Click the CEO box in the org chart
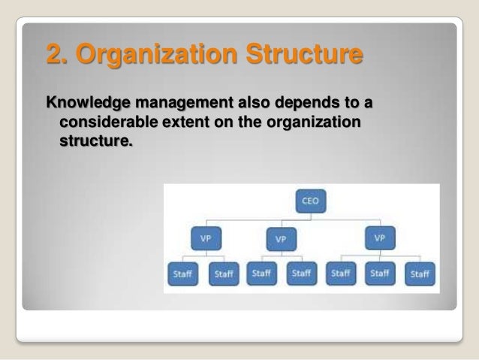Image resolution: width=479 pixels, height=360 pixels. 309,201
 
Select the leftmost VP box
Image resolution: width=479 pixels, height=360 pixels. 206,238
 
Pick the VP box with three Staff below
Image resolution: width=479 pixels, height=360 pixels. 380,238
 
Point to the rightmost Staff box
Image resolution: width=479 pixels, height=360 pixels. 420,274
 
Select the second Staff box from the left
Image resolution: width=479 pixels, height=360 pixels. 224,274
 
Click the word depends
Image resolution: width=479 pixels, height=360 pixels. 296,103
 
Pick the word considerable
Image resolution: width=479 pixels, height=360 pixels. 104,121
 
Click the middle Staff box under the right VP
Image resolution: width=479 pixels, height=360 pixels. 380,274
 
